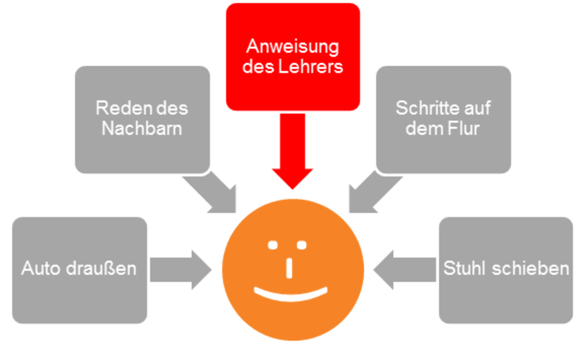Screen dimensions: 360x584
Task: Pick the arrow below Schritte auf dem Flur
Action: tap(372, 194)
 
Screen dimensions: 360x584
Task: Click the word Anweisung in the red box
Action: tap(293, 47)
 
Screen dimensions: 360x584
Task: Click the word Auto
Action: tap(41, 268)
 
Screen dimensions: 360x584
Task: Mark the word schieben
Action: tap(530, 268)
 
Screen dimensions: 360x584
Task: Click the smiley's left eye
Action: tap(273, 245)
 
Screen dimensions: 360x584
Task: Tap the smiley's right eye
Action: tap(302, 245)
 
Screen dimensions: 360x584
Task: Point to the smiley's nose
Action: tap(289, 268)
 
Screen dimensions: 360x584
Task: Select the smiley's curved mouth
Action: tap(290, 294)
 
